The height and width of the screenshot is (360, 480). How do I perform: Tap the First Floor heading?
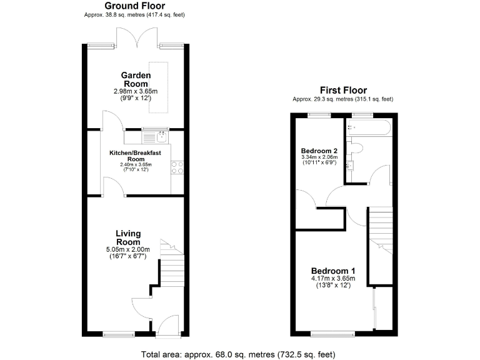pos(343,90)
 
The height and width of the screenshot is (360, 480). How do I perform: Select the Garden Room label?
pos(135,79)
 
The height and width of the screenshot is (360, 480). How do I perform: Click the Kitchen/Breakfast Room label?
pos(136,156)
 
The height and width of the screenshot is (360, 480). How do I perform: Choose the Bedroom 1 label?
pos(333,270)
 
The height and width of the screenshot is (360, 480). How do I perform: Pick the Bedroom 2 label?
pos(319,151)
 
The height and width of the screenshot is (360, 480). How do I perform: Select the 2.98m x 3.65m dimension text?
pos(135,91)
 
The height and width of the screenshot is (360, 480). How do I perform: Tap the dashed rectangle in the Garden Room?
pos(158,87)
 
